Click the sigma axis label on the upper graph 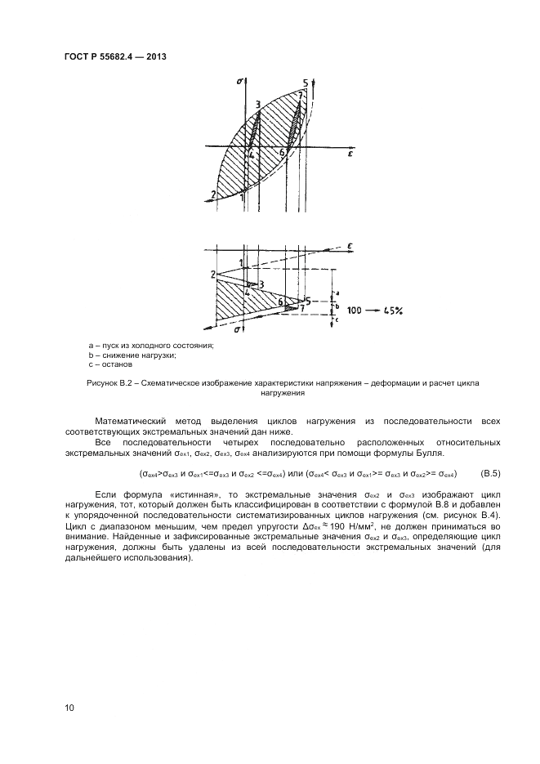pos(239,82)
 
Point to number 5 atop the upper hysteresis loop pos(305,83)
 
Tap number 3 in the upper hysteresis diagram pos(258,104)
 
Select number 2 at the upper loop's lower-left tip pos(212,194)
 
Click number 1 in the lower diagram pos(241,262)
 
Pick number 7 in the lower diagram pos(302,308)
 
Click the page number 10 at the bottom pos(69,708)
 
